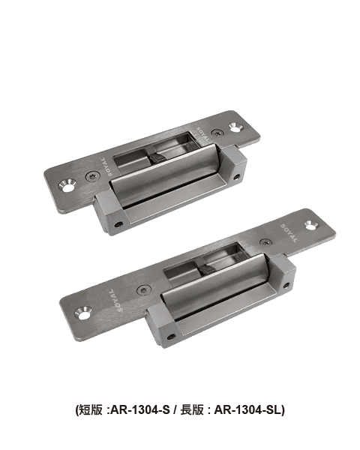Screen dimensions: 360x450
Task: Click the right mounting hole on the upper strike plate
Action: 236,127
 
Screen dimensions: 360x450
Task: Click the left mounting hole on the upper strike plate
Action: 67,186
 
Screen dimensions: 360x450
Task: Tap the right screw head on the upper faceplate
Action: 217,133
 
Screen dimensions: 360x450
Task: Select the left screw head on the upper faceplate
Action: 93,176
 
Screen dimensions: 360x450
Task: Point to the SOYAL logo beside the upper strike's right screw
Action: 203,134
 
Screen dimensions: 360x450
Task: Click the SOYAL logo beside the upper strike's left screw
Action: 106,166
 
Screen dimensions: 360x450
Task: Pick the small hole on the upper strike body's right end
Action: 237,177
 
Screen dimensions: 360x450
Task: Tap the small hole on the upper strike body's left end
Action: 118,224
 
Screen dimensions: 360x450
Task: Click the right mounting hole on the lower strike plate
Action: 311,225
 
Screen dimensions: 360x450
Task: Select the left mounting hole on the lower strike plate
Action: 83,313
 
